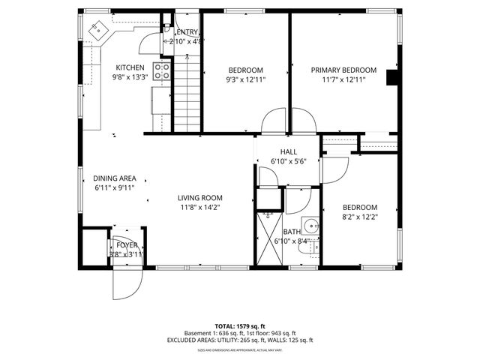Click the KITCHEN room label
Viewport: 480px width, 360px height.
point(130,68)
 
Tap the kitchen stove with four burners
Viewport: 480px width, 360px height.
point(162,71)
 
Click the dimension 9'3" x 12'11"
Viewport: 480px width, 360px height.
point(245,79)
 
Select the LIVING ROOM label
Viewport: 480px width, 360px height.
point(199,198)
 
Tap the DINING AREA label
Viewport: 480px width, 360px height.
point(114,178)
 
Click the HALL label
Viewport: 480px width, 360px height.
point(289,151)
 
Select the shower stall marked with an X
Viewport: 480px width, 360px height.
point(268,235)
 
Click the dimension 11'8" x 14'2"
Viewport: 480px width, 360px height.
point(199,207)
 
